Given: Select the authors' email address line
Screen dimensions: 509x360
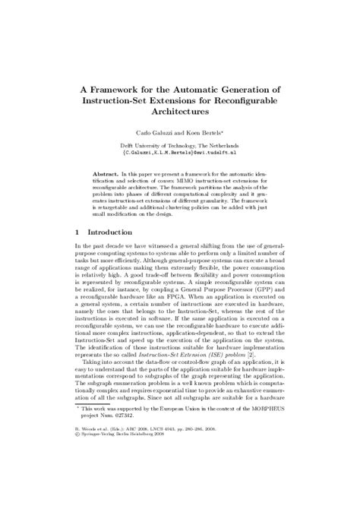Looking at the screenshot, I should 179,151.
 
